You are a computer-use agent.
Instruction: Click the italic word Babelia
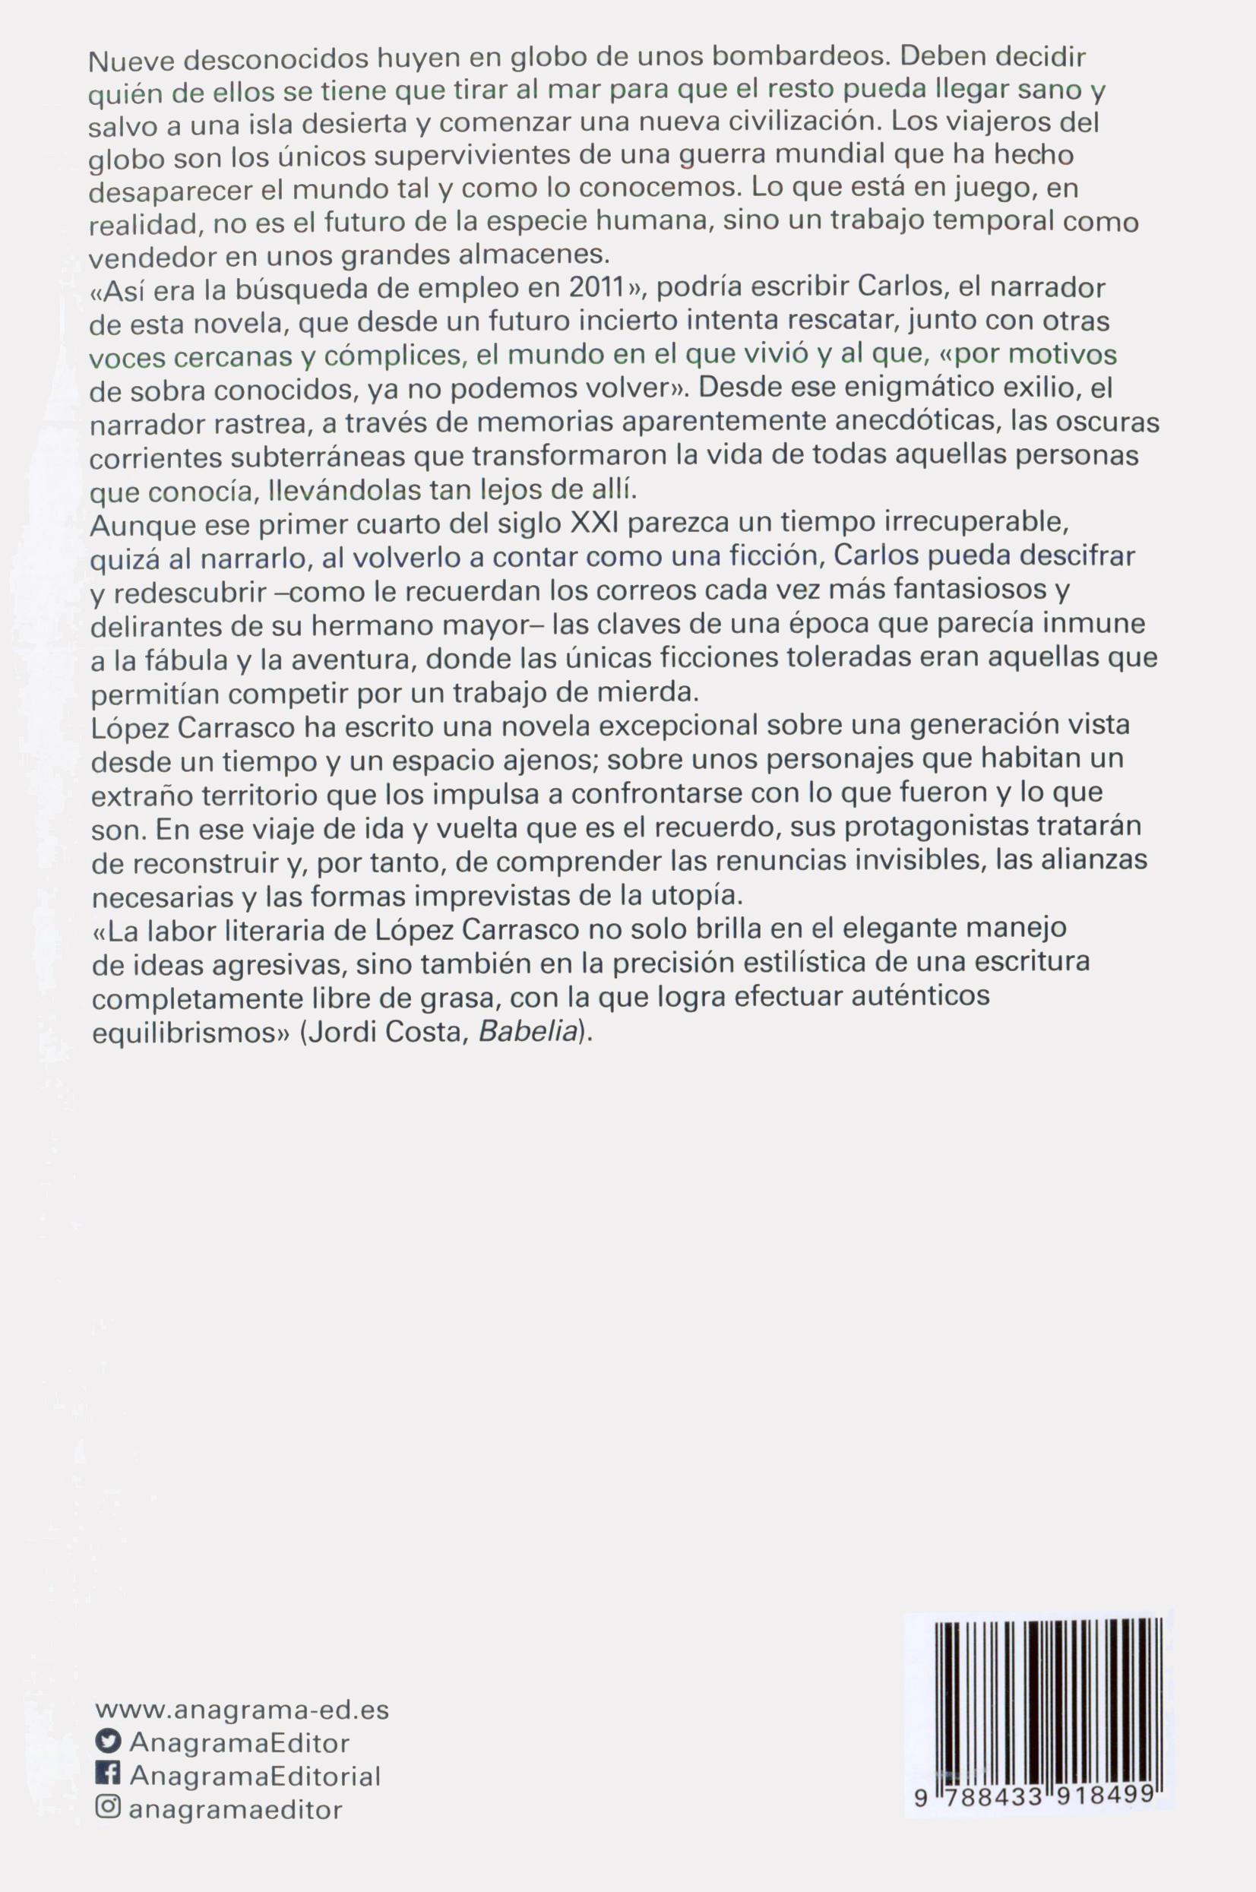(x=527, y=1032)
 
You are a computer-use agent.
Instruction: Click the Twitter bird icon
(x=107, y=1742)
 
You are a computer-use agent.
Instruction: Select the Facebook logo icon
(x=107, y=1774)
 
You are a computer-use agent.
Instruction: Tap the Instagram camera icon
(x=107, y=1808)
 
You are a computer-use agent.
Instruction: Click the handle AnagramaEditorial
(x=255, y=1776)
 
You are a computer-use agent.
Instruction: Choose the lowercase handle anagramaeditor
(x=236, y=1809)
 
